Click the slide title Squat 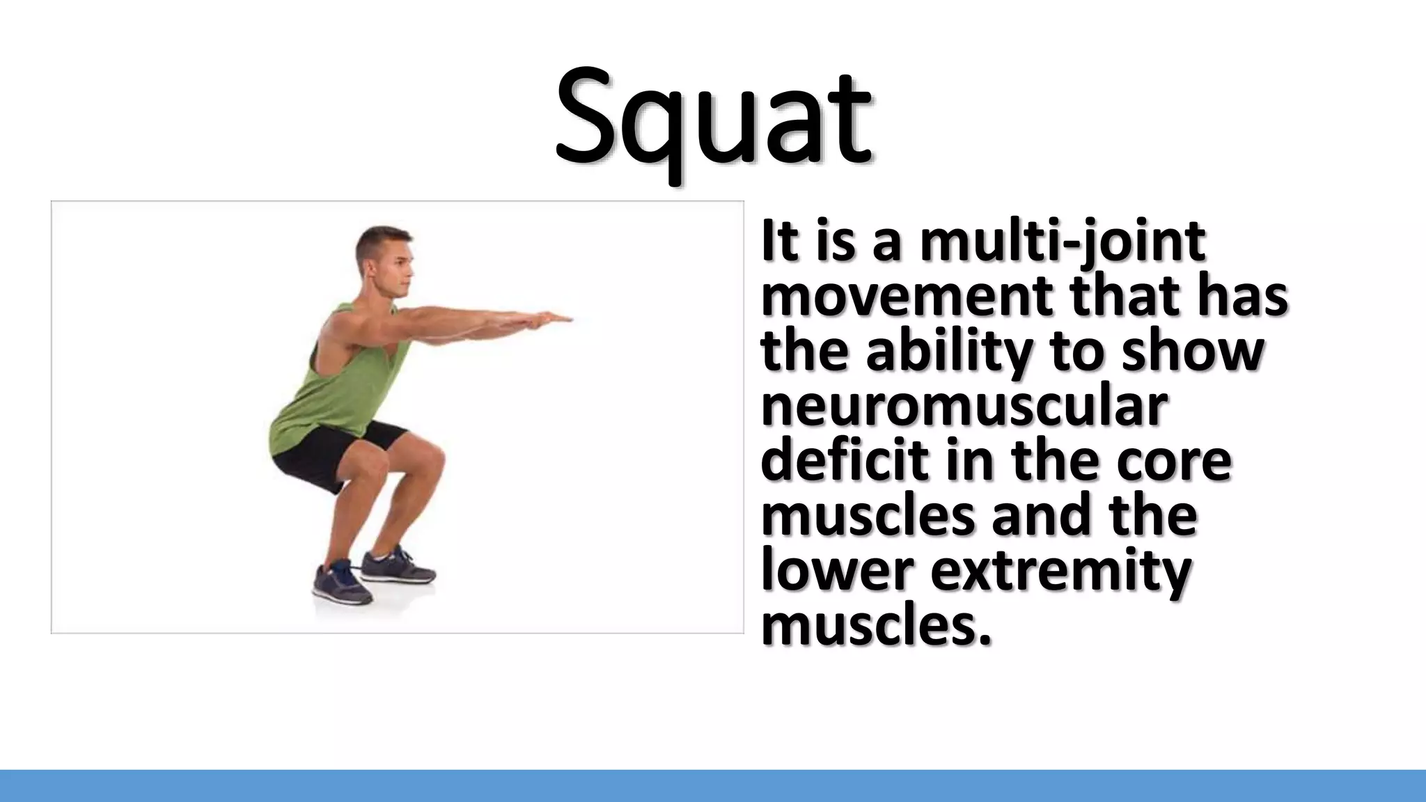pos(713,118)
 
